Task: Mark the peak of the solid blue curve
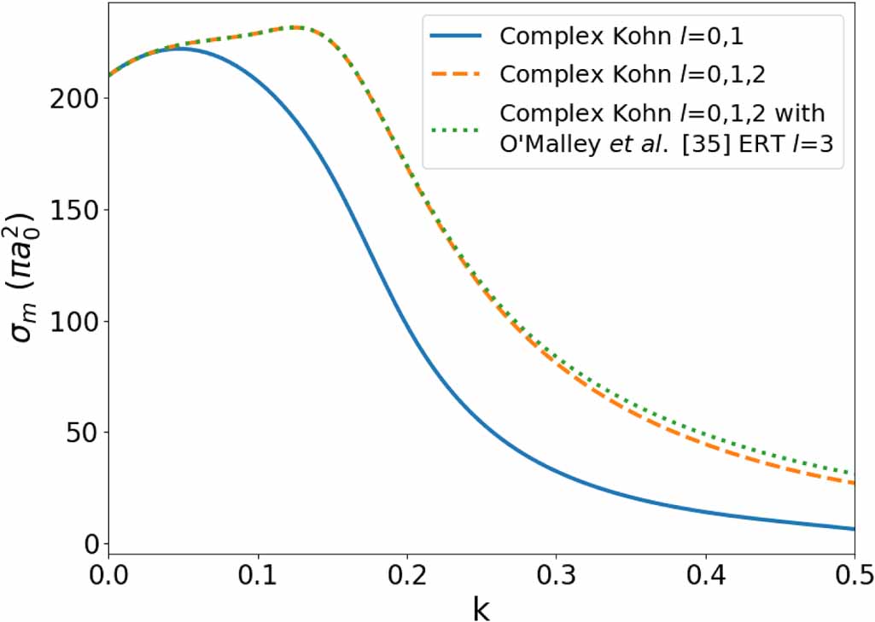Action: (178, 49)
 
